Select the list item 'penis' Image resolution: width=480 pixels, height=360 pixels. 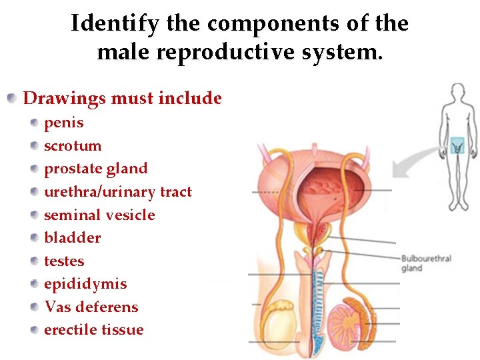pos(64,123)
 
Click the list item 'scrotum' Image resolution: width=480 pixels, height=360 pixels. pos(73,146)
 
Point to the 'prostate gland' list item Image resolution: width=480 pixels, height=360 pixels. pos(95,169)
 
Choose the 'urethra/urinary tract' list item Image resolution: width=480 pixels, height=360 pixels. pos(117,192)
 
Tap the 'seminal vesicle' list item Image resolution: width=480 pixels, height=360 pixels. pos(99,215)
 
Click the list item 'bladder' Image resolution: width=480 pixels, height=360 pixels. pos(72,238)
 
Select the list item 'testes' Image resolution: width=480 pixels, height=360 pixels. pos(64,261)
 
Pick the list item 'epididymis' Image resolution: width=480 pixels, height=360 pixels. pos(85,284)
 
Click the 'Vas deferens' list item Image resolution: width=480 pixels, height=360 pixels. pos(91,307)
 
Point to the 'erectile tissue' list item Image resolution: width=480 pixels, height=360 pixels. pos(93,330)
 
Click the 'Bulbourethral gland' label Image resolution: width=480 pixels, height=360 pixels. pos(426,263)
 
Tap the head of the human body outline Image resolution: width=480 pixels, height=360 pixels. pos(457,93)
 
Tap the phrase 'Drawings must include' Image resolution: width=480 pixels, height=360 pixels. pos(122,99)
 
